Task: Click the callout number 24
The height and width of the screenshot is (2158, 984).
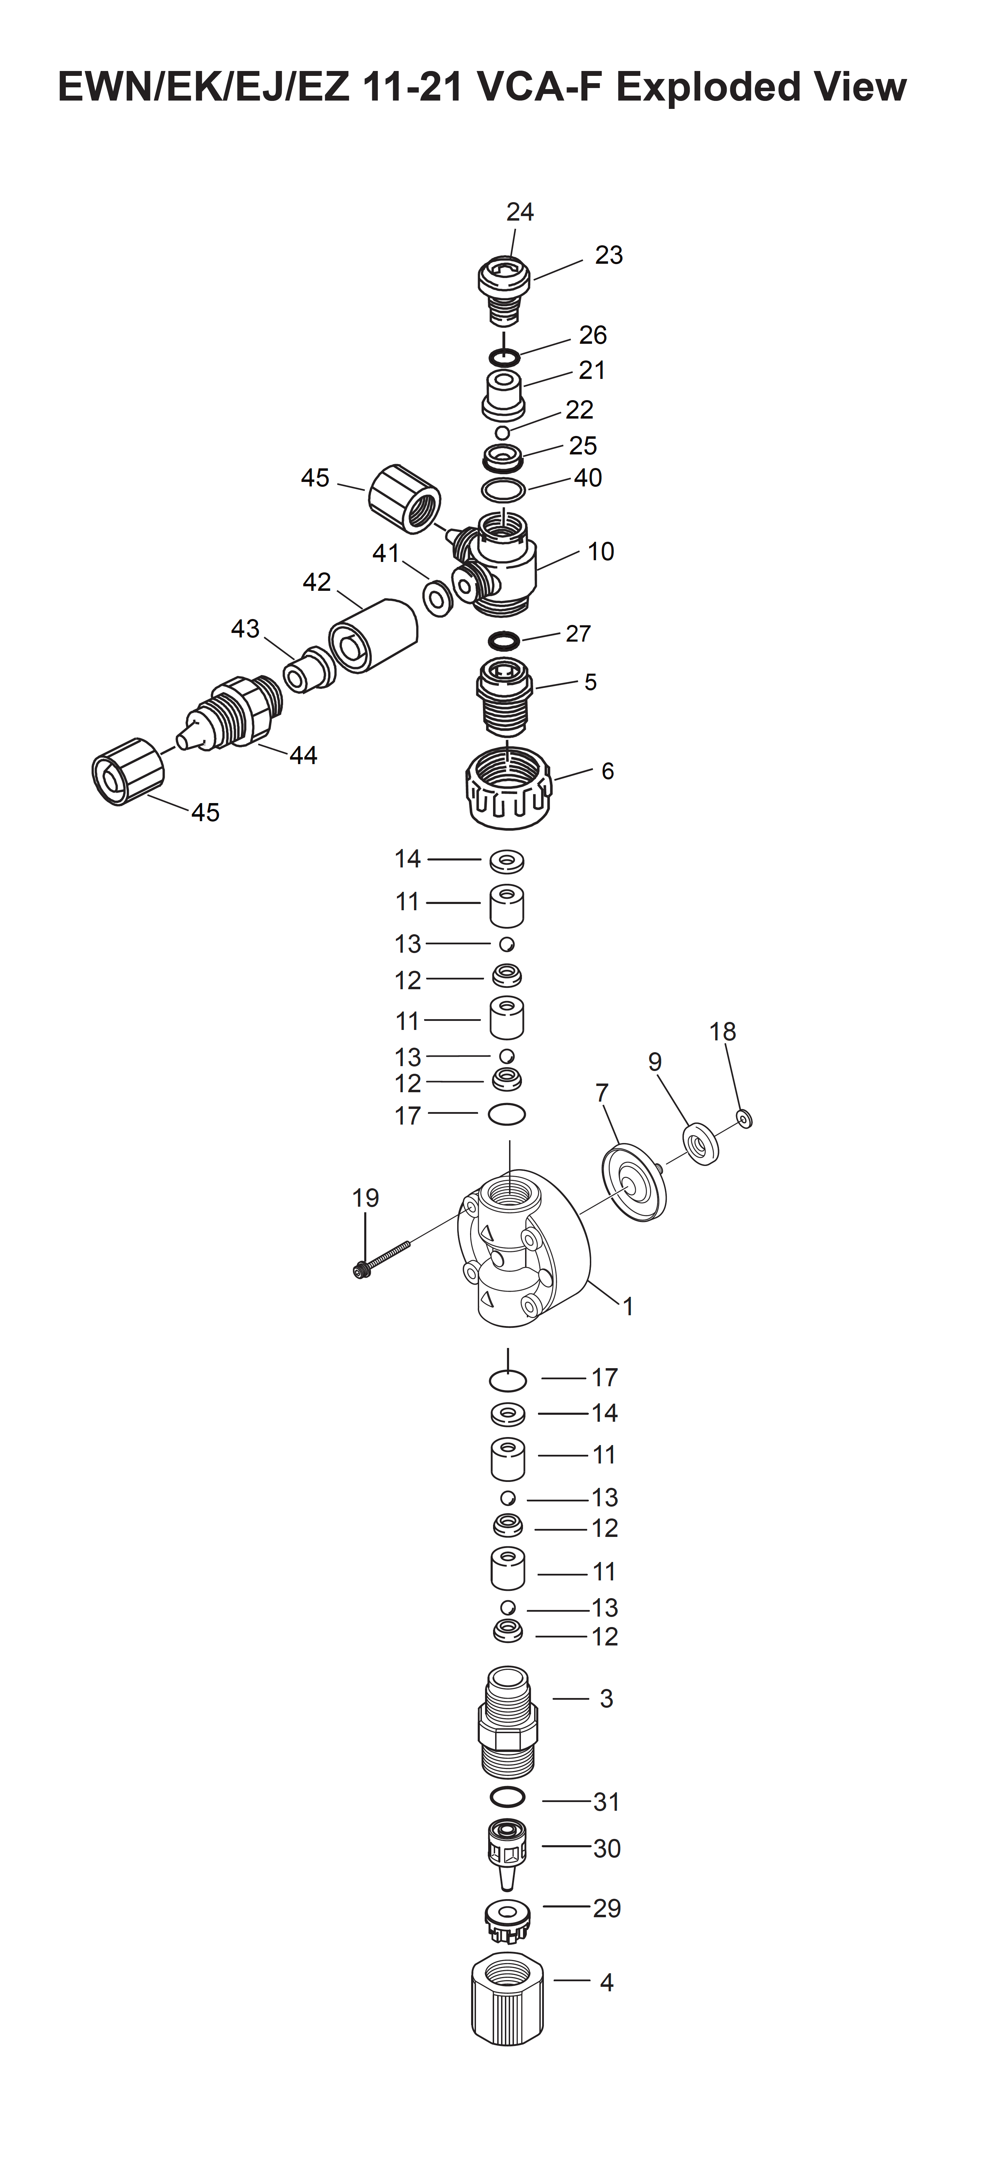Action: click(x=520, y=212)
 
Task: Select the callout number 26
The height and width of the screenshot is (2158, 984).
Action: click(x=593, y=335)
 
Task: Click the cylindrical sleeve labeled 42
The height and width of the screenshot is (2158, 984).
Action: click(x=373, y=635)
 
